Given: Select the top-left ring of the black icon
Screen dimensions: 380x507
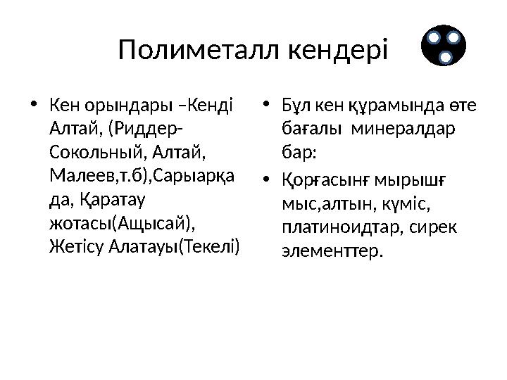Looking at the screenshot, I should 434,37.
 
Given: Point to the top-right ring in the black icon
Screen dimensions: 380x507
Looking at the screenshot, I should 454,37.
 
